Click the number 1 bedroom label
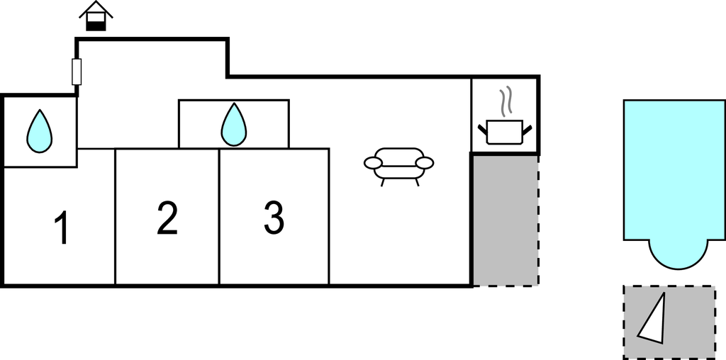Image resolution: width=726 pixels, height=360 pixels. (x=62, y=229)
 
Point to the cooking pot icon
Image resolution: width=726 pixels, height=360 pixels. (x=505, y=132)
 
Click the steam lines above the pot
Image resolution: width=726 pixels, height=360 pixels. (x=505, y=102)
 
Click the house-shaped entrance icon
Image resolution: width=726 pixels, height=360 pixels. (x=96, y=16)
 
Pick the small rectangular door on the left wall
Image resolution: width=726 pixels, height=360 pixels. (x=77, y=72)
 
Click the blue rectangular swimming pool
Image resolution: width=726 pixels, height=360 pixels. (x=674, y=170)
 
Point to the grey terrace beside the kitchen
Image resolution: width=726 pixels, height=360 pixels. (x=506, y=220)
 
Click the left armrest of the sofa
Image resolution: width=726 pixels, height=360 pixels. (x=373, y=164)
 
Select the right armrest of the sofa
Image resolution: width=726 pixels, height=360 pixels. (x=424, y=164)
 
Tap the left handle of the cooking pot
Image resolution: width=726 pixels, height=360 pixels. (x=483, y=128)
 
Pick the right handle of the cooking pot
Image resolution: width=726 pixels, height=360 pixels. (x=527, y=128)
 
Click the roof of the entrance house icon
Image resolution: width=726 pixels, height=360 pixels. (x=96, y=9)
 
